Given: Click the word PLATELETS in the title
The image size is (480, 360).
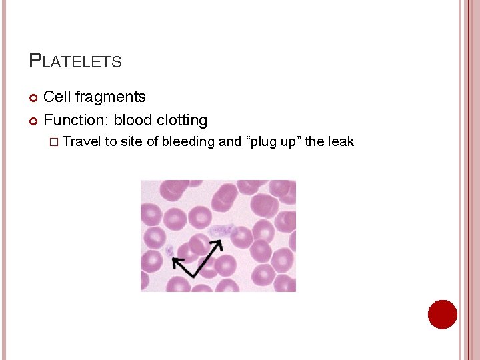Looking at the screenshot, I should point(75,61).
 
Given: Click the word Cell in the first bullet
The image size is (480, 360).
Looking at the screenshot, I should point(57,97).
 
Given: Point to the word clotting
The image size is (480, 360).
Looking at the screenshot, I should point(182,121).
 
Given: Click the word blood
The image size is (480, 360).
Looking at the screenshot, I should point(133,121).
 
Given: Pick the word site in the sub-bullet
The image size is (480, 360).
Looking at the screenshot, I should point(132,141).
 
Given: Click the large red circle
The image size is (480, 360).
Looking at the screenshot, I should point(442,314).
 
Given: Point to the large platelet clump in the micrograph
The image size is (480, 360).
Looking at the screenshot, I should point(221,231).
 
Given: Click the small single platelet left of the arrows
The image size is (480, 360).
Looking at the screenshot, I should point(169,251).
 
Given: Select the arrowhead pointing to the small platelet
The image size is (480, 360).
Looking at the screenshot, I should point(177,262).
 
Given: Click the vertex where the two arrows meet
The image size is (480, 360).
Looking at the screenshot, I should point(195,275).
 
